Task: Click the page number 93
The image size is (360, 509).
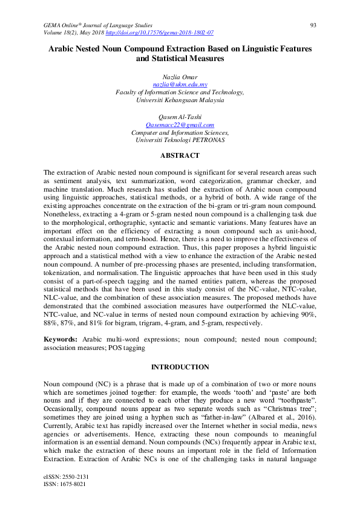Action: coord(313,25)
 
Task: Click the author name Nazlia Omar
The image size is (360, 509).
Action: coord(180,77)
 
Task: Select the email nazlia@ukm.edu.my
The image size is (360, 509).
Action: coord(180,85)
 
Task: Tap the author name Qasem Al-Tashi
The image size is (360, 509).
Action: coord(180,116)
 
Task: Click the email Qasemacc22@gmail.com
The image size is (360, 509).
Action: coord(180,124)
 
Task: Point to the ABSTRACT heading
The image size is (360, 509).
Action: coord(180,155)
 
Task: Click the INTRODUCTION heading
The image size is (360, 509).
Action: coord(180,367)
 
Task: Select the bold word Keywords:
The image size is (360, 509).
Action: coord(60,340)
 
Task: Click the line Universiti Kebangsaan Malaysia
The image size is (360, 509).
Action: coord(180,100)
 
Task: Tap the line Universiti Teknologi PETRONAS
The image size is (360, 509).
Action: coord(180,140)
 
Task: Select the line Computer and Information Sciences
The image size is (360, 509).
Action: coord(180,132)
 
